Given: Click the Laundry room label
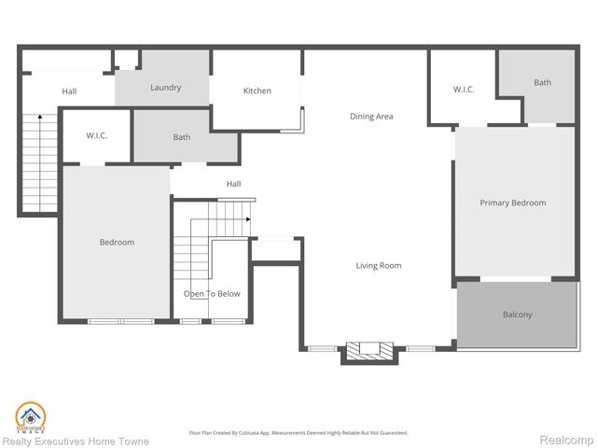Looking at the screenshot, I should tap(165, 88).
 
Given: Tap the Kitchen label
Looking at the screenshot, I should tap(257, 91).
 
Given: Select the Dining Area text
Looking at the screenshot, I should tap(371, 117).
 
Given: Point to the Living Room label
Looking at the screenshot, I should tap(378, 266).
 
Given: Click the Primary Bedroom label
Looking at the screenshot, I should tap(512, 203).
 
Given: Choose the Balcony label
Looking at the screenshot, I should tap(517, 315).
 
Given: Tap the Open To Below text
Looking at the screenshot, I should tap(212, 294).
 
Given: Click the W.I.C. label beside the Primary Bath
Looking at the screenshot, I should tap(464, 90).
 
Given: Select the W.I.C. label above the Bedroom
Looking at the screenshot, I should tap(97, 136).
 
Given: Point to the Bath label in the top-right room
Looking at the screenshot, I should tap(542, 83).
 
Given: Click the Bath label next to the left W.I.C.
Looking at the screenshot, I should tap(182, 137).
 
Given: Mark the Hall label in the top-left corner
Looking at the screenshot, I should tap(69, 91).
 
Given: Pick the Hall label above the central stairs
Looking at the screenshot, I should tap(233, 184).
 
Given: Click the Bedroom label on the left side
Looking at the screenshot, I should tap(117, 243).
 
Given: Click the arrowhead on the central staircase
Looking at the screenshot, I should tap(249, 219).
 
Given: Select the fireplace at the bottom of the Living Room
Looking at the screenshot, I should tap(371, 351).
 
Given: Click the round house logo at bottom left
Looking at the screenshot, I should tap(31, 416).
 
